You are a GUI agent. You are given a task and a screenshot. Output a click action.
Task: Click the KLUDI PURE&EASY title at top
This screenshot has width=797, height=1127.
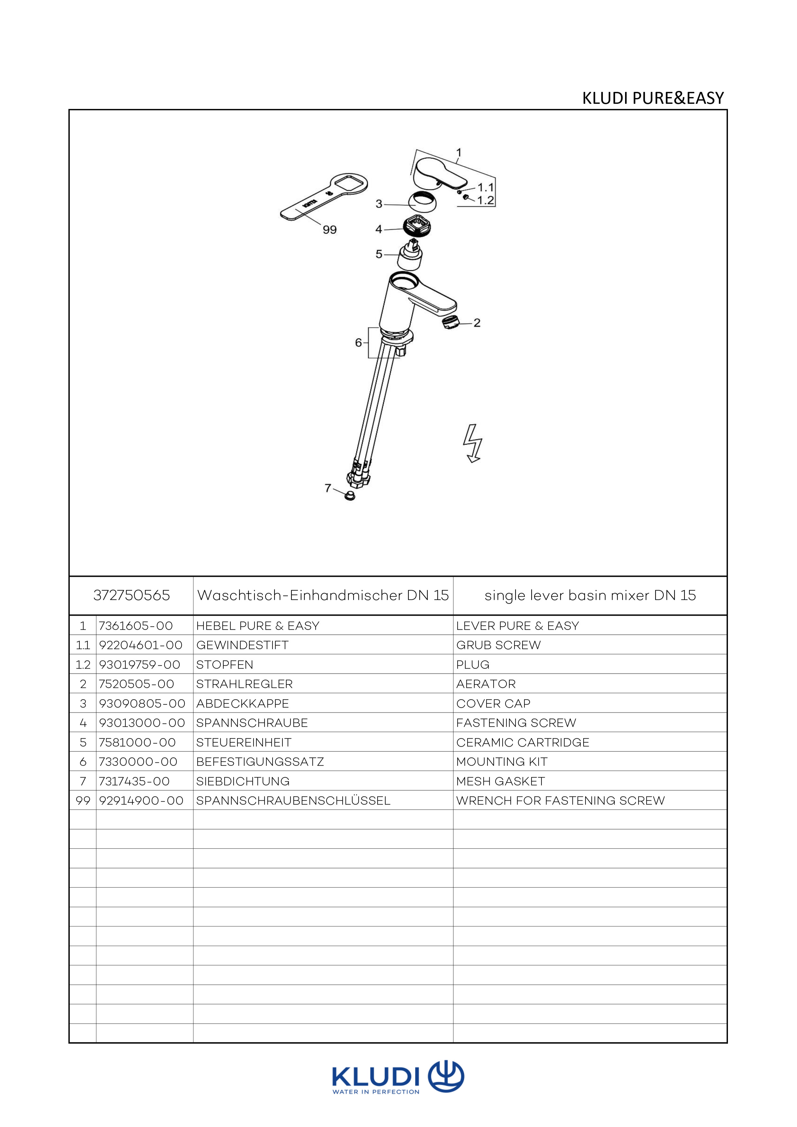(x=653, y=98)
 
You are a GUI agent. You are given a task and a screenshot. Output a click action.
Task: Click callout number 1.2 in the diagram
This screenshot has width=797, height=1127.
(x=485, y=200)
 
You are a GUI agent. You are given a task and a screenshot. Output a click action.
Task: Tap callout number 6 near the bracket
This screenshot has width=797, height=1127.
(x=358, y=342)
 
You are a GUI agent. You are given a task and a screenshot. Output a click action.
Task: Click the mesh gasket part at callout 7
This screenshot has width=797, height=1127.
(x=350, y=495)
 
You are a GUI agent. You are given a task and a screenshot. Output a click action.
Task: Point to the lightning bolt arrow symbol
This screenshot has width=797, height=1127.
(x=473, y=443)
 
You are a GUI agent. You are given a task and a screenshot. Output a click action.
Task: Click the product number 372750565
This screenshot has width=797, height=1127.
(x=132, y=595)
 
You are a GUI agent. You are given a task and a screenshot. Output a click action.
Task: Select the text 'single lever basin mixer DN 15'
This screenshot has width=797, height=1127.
(x=590, y=595)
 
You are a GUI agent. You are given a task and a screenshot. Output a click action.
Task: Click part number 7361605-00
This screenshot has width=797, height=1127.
(x=136, y=626)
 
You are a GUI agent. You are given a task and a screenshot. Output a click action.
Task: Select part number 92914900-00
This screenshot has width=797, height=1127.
(x=141, y=801)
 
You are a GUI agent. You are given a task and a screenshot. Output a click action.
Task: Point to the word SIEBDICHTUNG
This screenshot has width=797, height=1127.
(x=243, y=781)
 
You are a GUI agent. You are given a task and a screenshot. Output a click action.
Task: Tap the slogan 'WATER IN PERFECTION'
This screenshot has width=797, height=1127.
(x=376, y=1092)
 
